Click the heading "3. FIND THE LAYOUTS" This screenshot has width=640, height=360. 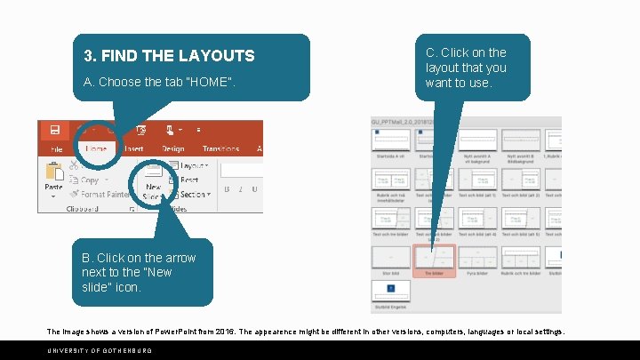tap(169, 56)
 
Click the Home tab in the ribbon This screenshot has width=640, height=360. tap(96, 149)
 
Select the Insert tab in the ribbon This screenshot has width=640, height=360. tap(134, 149)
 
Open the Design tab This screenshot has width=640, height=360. tap(172, 149)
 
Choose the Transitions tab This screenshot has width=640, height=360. tap(220, 149)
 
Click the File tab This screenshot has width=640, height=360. tap(57, 149)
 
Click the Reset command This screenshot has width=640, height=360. tap(189, 180)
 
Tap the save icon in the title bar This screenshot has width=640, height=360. tap(54, 130)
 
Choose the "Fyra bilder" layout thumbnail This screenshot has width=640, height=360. tap(478, 259)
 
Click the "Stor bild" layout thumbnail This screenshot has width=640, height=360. tap(391, 259)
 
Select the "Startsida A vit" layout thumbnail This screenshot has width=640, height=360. tap(391, 141)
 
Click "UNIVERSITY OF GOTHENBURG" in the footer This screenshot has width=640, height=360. tap(93, 350)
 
